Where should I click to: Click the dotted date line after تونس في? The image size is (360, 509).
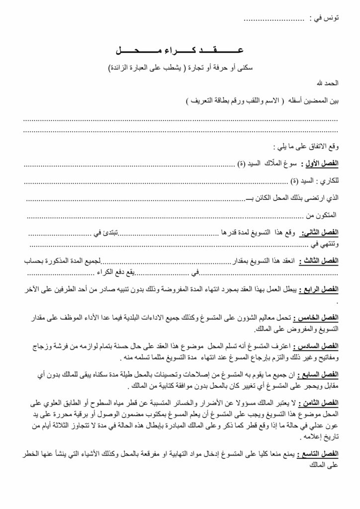(x=274, y=18)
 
